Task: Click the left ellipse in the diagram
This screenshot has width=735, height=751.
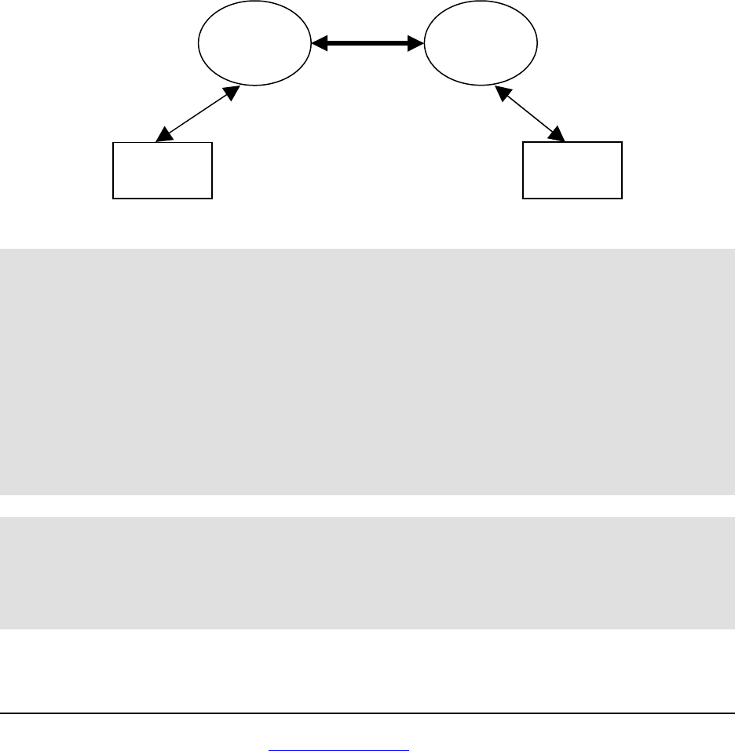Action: tap(254, 45)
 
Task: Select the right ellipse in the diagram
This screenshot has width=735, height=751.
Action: tap(481, 45)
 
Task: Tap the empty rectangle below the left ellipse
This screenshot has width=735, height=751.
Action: tap(163, 170)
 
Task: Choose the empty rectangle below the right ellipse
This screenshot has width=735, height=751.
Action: tap(572, 170)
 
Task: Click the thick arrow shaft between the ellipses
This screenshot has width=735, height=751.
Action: tap(367, 45)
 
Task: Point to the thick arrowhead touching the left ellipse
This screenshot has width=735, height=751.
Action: tap(319, 45)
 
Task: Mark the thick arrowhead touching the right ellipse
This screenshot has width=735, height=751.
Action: tap(415, 45)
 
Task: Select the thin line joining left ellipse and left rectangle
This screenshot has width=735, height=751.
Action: tap(198, 114)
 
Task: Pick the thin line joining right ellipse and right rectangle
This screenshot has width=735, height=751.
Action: tap(531, 115)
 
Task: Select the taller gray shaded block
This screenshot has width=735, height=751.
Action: tap(367, 371)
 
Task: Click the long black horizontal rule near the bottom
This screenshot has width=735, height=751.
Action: tap(367, 713)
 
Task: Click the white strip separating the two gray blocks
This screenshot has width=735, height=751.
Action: tap(367, 505)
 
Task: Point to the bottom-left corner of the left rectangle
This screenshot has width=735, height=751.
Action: tap(114, 197)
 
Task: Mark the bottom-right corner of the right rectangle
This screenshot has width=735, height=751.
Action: tap(621, 197)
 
